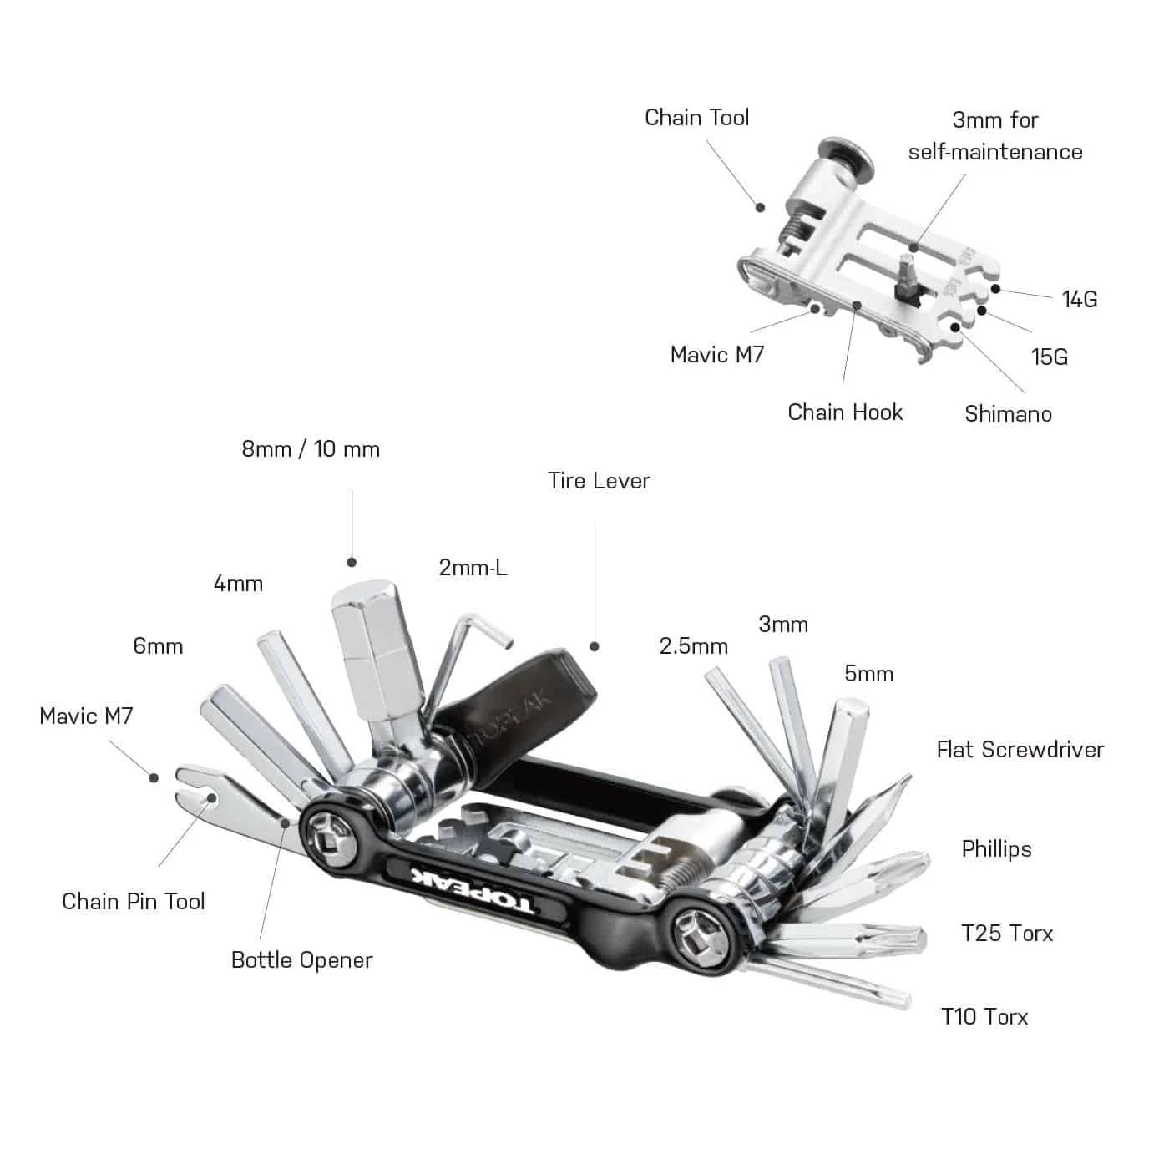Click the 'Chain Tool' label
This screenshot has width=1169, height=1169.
(696, 118)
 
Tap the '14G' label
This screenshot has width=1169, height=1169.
(1079, 300)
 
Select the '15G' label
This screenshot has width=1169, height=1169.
(1049, 357)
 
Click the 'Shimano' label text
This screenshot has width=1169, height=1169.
(1008, 414)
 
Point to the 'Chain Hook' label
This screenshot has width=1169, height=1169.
(845, 412)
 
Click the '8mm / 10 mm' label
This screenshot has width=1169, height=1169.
(311, 449)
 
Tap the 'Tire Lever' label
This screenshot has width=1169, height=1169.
(599, 481)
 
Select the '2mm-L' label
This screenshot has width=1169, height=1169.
(473, 569)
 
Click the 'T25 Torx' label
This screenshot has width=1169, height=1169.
(1007, 934)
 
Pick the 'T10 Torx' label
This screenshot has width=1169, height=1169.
(984, 1017)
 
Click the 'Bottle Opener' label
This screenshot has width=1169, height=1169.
(301, 960)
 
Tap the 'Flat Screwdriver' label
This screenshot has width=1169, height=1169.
(1020, 750)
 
